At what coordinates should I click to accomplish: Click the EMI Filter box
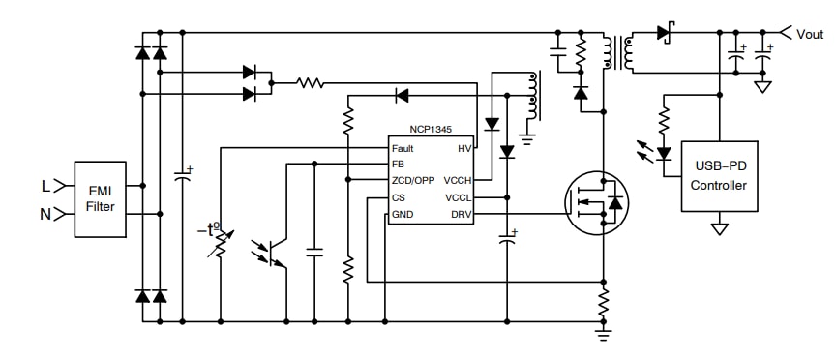coord(101,199)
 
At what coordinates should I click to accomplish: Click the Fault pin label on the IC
coord(403,148)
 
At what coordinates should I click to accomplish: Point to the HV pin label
coord(463,148)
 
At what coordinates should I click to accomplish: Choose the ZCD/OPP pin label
coord(413,180)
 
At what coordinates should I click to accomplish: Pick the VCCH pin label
coord(457,180)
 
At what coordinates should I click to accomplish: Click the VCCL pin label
coord(457,197)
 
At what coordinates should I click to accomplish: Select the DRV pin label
coord(460,214)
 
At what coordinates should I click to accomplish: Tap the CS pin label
coord(398,197)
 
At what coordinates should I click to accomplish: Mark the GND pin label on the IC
coord(402,214)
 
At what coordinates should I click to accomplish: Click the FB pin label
coord(398,165)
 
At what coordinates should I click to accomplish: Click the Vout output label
coord(809,33)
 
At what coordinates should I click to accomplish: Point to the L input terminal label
coord(45,184)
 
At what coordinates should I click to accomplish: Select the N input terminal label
coord(45,214)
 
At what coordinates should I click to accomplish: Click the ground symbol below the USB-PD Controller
coord(719,229)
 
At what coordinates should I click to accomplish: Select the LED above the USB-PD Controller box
coord(664,152)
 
